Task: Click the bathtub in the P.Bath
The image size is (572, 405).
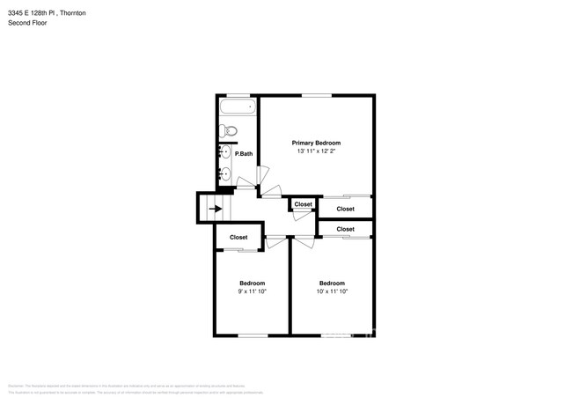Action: click(x=237, y=109)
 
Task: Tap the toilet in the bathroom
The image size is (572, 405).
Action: click(x=231, y=132)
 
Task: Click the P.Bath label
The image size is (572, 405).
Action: click(x=244, y=154)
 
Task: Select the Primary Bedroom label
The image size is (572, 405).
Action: click(x=316, y=143)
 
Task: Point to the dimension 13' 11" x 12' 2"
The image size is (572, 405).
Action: click(x=316, y=152)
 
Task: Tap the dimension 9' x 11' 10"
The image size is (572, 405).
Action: click(x=253, y=291)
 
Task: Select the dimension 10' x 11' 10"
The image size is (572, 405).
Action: click(x=332, y=291)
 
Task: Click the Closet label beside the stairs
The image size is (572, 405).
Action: click(x=238, y=237)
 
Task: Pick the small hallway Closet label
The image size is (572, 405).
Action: click(x=303, y=204)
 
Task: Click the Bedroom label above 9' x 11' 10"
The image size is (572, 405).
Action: click(x=253, y=283)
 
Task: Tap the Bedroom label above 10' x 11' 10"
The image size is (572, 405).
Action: click(x=332, y=283)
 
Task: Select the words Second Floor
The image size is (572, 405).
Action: click(x=27, y=23)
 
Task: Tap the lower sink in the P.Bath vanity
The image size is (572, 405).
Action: click(x=226, y=173)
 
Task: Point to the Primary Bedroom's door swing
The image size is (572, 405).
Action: click(x=275, y=192)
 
